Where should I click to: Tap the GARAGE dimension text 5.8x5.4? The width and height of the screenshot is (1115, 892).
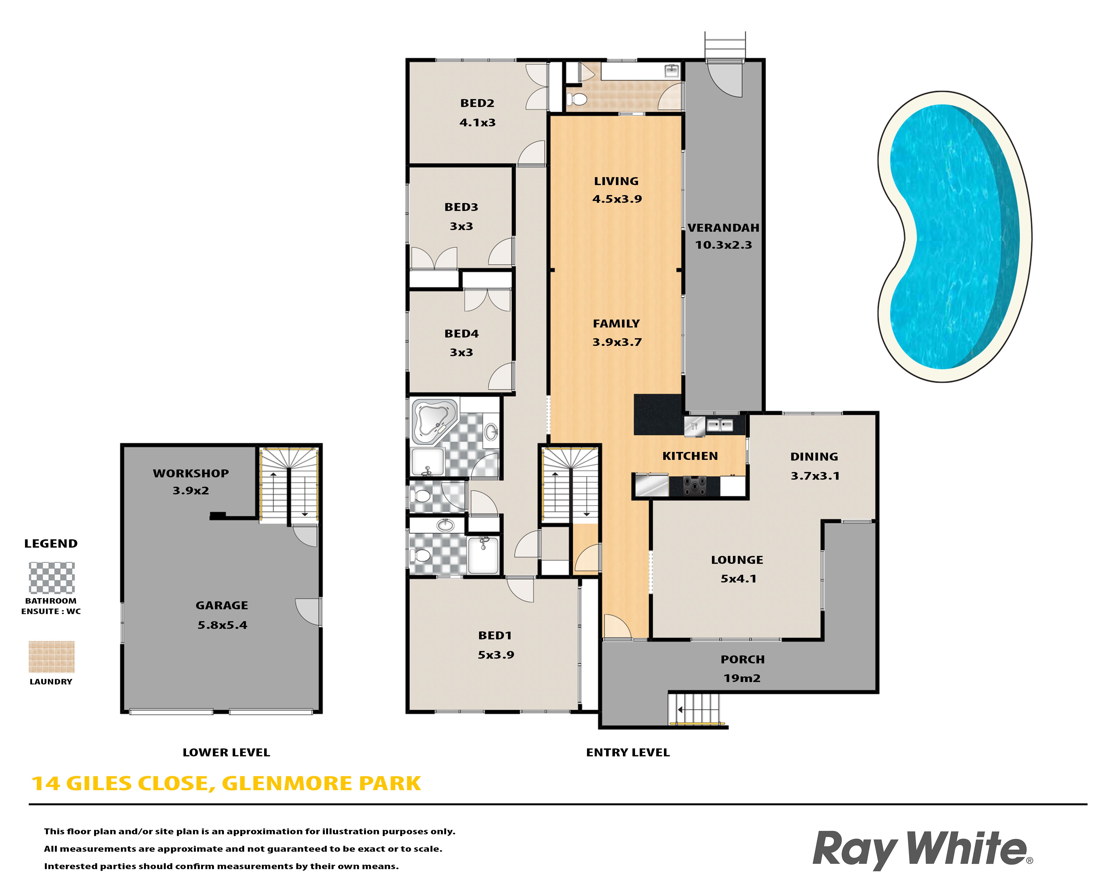[x=222, y=625]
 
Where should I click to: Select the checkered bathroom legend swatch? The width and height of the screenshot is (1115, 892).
[x=52, y=578]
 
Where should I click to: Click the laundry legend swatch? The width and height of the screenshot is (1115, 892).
[x=52, y=657]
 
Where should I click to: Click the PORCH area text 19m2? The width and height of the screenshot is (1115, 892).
[x=742, y=678]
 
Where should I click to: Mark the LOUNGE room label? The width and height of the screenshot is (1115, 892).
[x=737, y=560]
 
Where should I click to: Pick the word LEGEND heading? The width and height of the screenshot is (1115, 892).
[x=51, y=544]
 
